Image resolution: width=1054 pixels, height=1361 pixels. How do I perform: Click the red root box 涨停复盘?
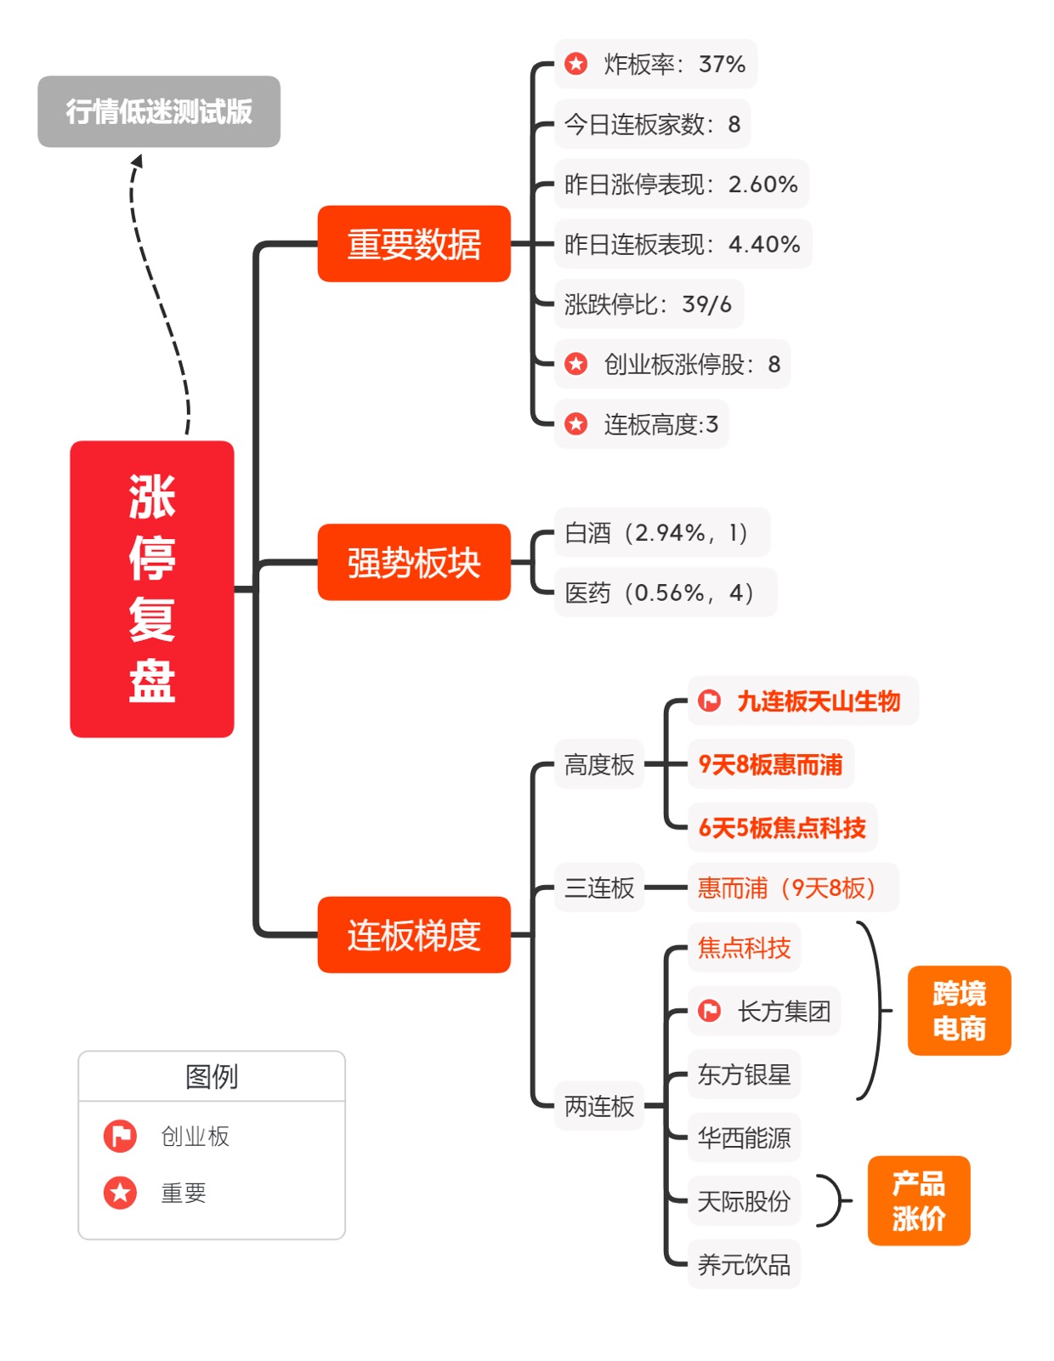(x=151, y=588)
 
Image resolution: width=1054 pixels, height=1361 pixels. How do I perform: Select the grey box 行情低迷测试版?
(x=159, y=111)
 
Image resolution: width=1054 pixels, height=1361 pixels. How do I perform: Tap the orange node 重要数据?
(x=414, y=244)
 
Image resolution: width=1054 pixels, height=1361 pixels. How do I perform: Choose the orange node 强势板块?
(x=414, y=563)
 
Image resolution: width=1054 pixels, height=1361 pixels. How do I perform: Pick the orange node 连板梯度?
(x=414, y=935)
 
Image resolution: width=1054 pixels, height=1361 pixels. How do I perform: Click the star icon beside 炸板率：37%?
(x=576, y=64)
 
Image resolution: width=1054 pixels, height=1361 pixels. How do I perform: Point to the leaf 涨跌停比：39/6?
(x=648, y=304)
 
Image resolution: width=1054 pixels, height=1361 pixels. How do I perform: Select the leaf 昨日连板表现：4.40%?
(x=682, y=245)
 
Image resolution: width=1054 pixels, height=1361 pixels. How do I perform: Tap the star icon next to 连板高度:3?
(x=576, y=424)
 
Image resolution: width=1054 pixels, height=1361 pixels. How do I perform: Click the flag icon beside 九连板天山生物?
(x=709, y=701)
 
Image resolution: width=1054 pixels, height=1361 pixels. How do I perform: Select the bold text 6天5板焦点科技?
(x=782, y=828)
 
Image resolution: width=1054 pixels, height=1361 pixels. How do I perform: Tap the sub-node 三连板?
(x=599, y=888)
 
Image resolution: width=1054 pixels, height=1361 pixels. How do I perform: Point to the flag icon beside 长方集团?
(x=709, y=1011)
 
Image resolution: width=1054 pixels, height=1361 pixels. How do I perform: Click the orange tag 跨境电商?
(x=959, y=1011)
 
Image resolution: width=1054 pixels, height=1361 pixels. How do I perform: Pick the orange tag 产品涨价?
(x=918, y=1200)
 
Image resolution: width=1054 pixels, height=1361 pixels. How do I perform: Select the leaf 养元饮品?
(x=744, y=1265)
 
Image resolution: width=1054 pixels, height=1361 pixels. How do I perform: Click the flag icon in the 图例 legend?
(x=120, y=1137)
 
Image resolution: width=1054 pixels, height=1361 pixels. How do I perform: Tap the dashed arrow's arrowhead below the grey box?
(x=137, y=160)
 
